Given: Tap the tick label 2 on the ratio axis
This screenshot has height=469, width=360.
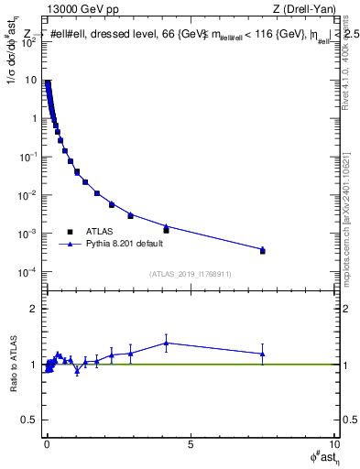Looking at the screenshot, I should (x=35, y=309).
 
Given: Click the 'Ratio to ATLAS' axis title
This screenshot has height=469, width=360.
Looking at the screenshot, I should (x=12, y=365).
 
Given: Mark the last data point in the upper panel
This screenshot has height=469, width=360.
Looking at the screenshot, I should (x=262, y=250).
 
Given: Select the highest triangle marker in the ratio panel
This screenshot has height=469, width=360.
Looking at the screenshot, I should (x=166, y=343).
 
